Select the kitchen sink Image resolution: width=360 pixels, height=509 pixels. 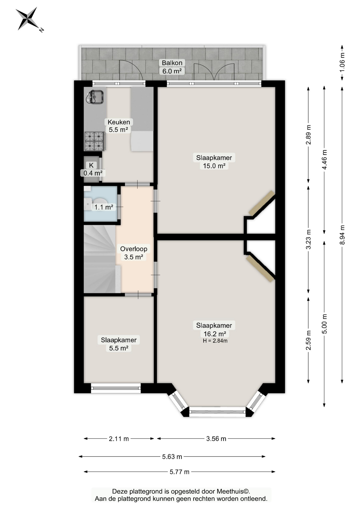[x=95, y=97]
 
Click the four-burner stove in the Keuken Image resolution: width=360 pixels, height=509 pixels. [x=94, y=141]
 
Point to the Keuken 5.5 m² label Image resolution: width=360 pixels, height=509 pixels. [x=119, y=126]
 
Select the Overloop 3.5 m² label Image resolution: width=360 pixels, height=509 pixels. [x=134, y=253]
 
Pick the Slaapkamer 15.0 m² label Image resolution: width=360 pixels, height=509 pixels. [x=214, y=162]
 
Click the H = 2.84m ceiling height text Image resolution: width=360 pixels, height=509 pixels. [x=215, y=341]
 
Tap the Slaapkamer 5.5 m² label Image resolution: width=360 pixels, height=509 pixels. [x=119, y=344]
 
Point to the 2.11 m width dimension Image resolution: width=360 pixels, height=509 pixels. [x=119, y=438]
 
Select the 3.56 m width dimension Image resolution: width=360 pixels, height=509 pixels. [x=216, y=438]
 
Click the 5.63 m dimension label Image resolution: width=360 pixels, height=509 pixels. [x=172, y=457]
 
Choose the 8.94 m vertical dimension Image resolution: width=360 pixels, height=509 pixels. [x=342, y=235]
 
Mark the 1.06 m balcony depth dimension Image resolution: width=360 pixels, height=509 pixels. [x=342, y=63]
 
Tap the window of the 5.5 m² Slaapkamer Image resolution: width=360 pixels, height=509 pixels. [x=116, y=388]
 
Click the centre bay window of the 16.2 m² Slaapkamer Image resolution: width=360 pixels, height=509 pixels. [x=217, y=412]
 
